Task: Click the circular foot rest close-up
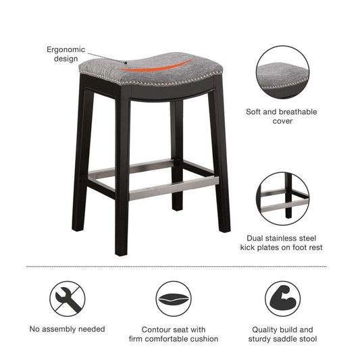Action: (x=282, y=199)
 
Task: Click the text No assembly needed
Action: (x=67, y=329)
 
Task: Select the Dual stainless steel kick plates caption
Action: (x=282, y=243)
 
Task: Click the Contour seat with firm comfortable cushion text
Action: (x=174, y=334)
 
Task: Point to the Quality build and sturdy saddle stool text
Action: (x=281, y=334)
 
